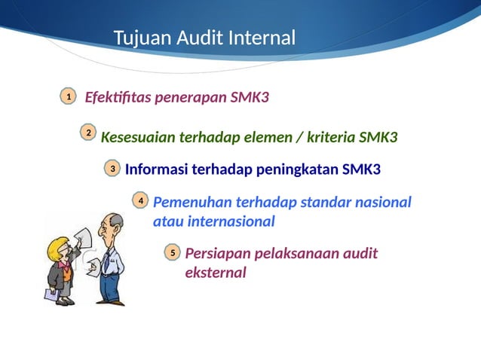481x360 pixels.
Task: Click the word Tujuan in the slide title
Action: tap(140, 38)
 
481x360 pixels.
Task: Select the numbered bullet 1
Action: tap(68, 97)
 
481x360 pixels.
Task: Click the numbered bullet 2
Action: tap(88, 133)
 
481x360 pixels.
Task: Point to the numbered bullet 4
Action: tap(140, 200)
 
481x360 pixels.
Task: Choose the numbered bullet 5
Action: tap(172, 254)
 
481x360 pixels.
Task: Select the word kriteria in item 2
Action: tap(326, 138)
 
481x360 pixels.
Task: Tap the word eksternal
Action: tap(216, 273)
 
